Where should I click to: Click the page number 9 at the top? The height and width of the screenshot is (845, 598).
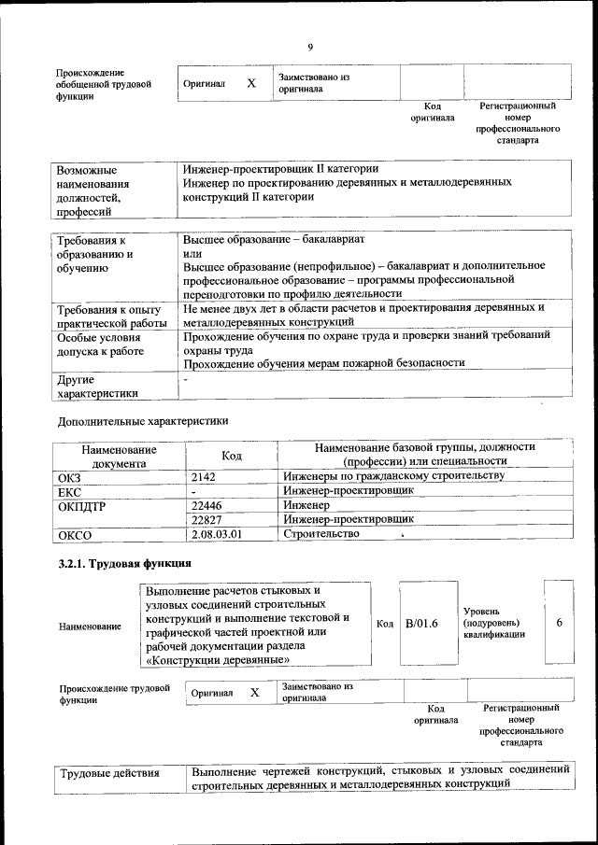point(309,49)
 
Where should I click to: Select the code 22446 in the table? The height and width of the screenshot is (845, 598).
point(206,505)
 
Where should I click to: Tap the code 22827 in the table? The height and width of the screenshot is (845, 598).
point(206,519)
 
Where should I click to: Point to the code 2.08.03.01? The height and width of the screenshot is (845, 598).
point(215,534)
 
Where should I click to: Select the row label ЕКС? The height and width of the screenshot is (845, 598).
point(70,491)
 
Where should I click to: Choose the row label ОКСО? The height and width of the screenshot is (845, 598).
point(75,535)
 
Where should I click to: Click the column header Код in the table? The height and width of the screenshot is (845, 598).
point(232,455)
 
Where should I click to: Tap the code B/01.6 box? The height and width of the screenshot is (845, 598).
point(422,623)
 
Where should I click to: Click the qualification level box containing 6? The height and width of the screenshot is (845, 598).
point(559,622)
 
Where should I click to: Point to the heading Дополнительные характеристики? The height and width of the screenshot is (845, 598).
point(143,421)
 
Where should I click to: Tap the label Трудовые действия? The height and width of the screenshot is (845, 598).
point(109,774)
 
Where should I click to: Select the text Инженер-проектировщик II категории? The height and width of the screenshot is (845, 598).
point(280,169)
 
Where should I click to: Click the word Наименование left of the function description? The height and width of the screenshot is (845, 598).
point(90,627)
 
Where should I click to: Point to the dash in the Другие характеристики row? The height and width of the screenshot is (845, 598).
point(187,379)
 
